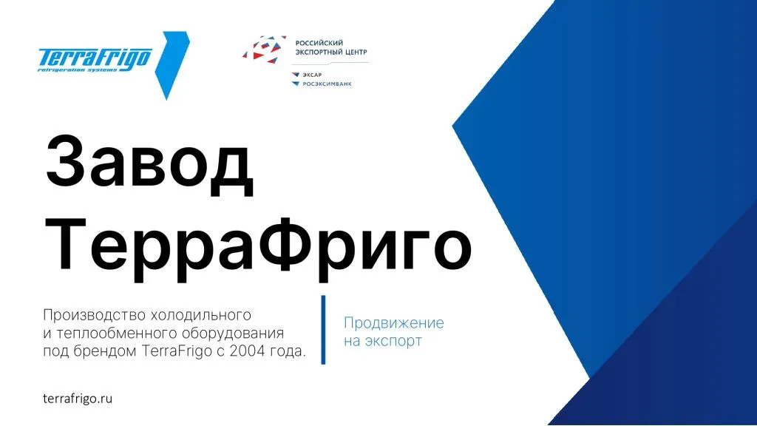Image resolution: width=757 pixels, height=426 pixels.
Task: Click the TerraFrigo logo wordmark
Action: [95, 58]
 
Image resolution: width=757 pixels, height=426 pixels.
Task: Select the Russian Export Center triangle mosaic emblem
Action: [264, 48]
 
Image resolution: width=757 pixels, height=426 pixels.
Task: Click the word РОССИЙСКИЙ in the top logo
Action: [319, 43]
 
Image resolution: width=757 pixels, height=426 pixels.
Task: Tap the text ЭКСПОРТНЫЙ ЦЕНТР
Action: [330, 53]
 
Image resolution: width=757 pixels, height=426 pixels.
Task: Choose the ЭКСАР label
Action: [312, 75]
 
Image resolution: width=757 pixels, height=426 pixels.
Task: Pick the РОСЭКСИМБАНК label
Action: [327, 84]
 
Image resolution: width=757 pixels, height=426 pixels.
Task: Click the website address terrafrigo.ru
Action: [78, 398]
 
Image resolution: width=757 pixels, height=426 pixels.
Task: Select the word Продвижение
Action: [394, 323]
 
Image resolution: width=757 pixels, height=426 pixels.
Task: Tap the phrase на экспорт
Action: [383, 342]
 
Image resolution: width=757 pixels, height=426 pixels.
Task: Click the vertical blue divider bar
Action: [323, 330]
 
